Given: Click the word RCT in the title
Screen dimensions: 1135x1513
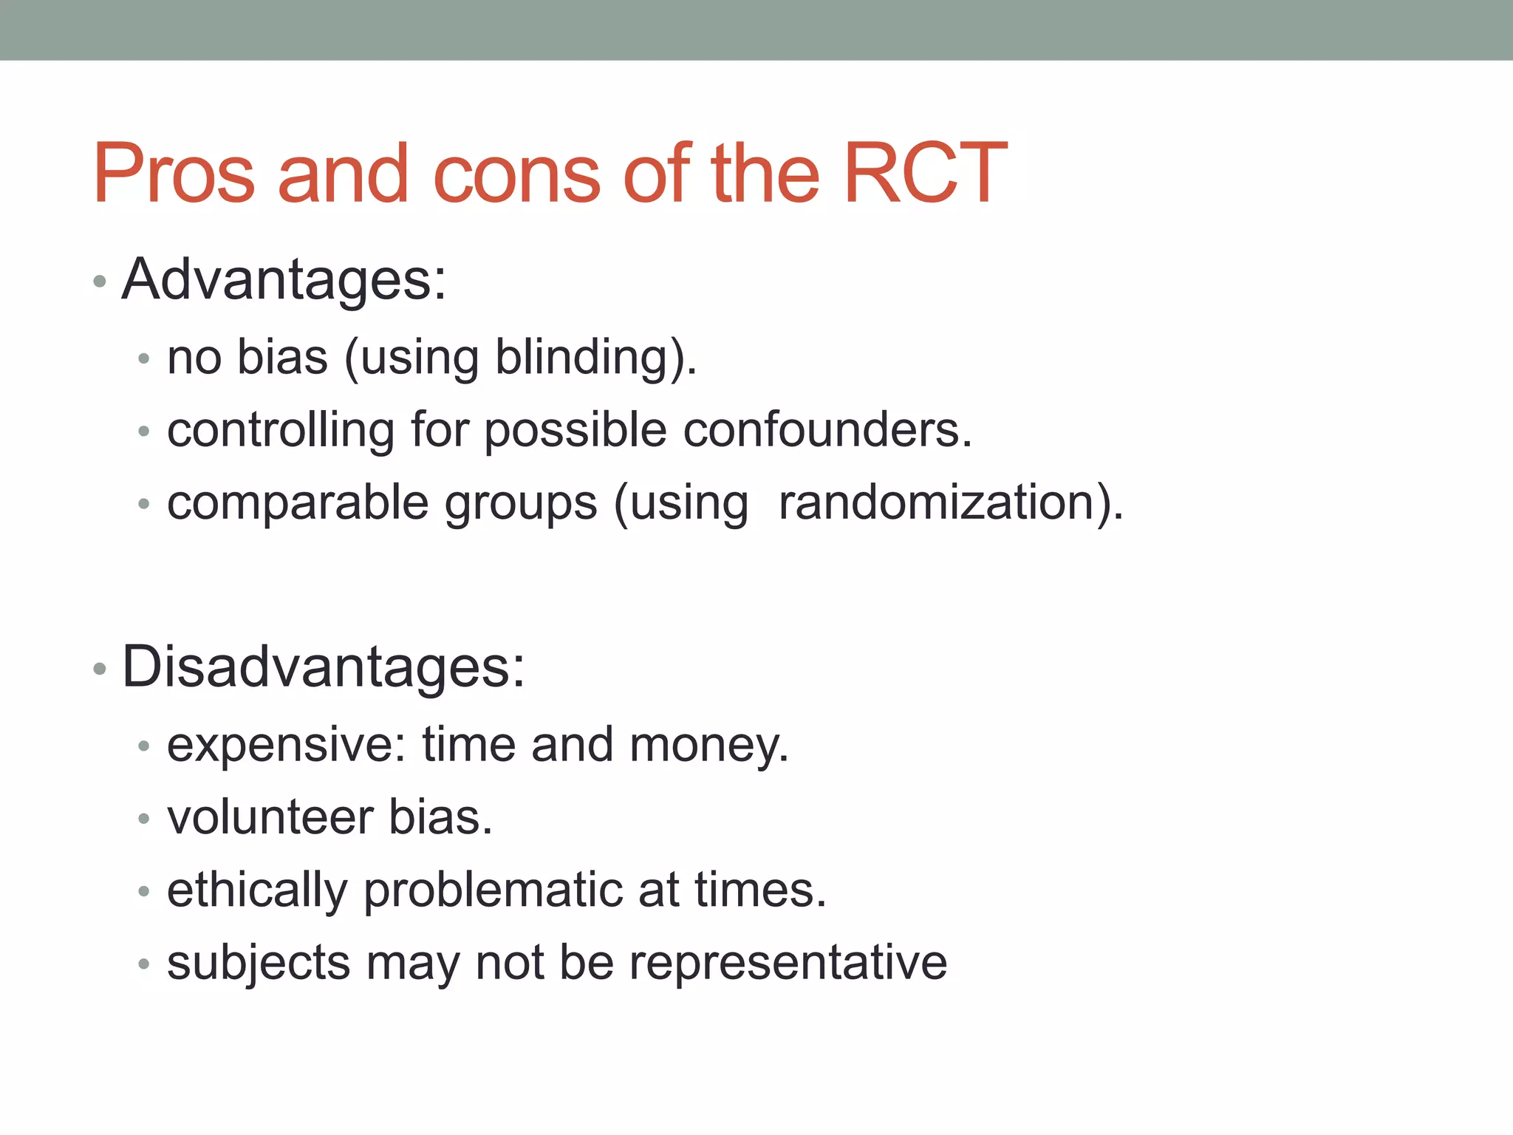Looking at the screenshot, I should pos(925,174).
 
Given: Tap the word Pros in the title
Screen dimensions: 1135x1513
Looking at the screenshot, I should pos(174,174).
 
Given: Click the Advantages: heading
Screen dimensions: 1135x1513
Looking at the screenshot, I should pos(284,280).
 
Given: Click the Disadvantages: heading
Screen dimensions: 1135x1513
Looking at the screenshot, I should pos(323,667).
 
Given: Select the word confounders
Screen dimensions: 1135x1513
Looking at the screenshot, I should pos(827,430).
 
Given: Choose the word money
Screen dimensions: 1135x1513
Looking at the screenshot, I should pos(708,745).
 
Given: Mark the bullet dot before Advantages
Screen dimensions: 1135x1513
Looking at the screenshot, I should pos(100,282).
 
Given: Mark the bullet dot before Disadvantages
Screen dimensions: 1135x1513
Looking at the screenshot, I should pos(100,669).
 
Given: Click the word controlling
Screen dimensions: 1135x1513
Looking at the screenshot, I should pos(280,430).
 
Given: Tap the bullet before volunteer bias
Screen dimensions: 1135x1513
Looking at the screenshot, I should pos(144,819).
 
